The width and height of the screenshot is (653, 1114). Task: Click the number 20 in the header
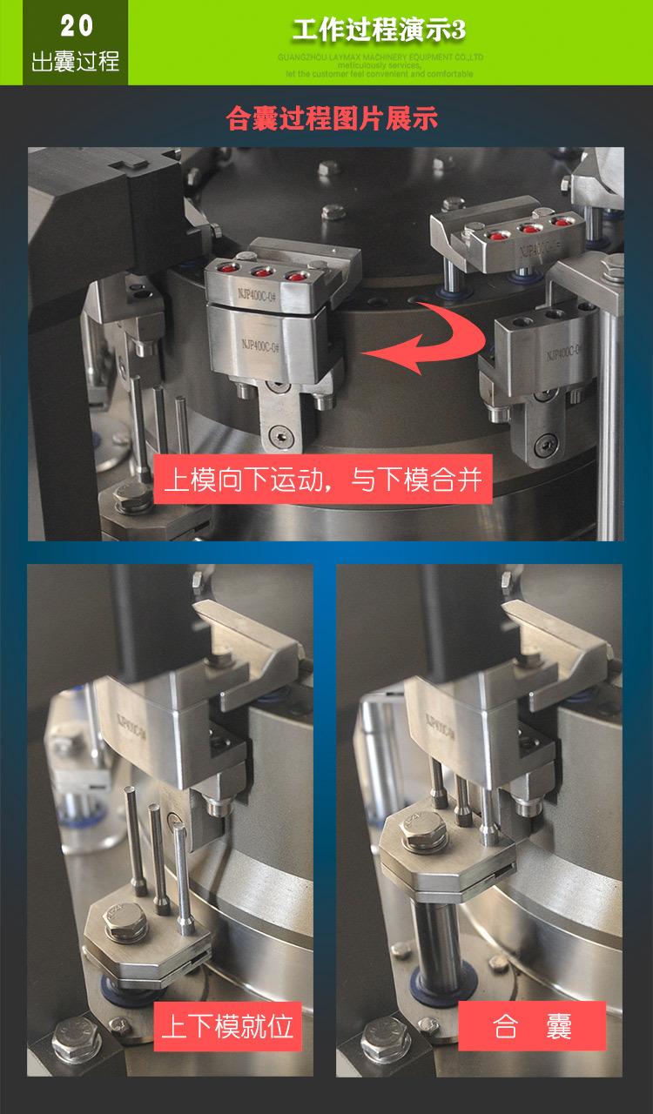(x=76, y=26)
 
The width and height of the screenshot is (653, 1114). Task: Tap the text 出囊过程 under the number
(x=76, y=62)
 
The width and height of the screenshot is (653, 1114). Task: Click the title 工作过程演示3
(x=379, y=30)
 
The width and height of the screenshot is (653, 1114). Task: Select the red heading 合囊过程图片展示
(x=331, y=117)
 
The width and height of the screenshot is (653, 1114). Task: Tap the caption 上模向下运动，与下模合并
(x=323, y=479)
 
